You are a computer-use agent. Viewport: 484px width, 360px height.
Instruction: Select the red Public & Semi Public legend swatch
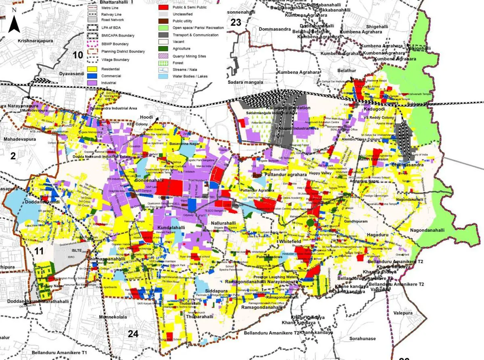163,7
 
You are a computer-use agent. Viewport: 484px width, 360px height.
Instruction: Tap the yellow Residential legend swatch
93,69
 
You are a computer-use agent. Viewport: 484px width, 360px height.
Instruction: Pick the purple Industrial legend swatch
93,83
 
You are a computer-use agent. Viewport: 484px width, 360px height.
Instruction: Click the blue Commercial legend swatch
93,76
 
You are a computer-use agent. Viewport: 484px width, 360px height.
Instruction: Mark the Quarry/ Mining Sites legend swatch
163,56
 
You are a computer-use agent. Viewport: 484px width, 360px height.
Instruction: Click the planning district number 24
133,333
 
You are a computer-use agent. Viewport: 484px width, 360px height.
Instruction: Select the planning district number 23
236,23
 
